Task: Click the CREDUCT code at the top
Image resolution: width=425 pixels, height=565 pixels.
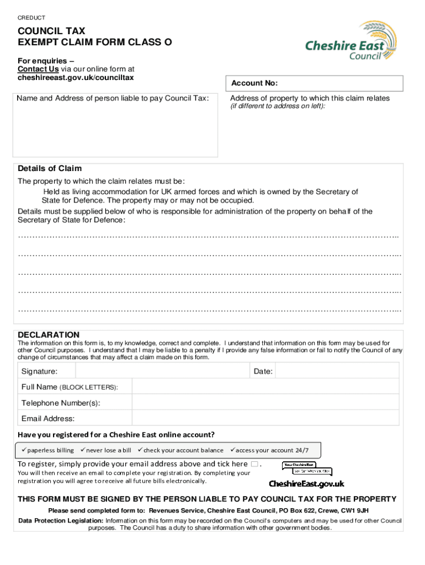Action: pyautogui.click(x=32, y=18)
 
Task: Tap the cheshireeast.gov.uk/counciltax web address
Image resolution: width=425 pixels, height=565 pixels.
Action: pyautogui.click(x=76, y=78)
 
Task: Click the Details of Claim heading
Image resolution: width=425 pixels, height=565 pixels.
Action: pyautogui.click(x=50, y=169)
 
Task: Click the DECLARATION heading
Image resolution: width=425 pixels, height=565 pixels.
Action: pyautogui.click(x=49, y=335)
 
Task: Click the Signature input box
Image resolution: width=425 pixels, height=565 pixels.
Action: pyautogui.click(x=155, y=371)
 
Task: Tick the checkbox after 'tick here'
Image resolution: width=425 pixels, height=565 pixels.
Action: pyautogui.click(x=254, y=464)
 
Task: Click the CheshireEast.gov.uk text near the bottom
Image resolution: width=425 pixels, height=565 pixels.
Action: pyautogui.click(x=306, y=484)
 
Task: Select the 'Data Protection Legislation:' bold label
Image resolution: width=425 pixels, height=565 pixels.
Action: pyautogui.click(x=61, y=521)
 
